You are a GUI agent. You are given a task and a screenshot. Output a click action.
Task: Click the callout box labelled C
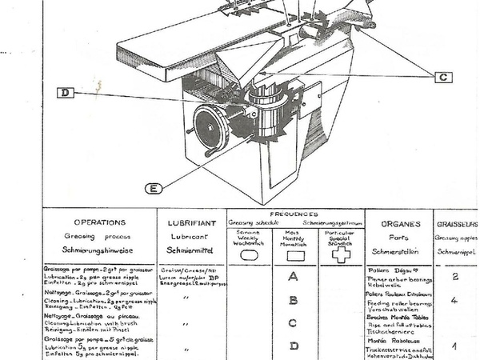click(x=443, y=77)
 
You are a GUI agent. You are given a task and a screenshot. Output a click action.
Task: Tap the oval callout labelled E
click(x=154, y=188)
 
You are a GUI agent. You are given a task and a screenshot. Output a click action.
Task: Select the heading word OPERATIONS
click(x=98, y=223)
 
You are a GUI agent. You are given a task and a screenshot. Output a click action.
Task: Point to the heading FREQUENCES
click(x=295, y=214)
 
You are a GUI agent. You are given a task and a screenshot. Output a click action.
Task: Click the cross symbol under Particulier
click(x=342, y=254)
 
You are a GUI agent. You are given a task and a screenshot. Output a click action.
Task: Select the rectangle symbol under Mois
click(x=295, y=254)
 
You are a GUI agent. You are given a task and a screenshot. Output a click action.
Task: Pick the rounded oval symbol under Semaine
click(x=249, y=254)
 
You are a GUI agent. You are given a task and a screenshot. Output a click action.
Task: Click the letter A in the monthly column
click(x=294, y=278)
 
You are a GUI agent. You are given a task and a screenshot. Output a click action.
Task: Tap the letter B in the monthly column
click(x=294, y=301)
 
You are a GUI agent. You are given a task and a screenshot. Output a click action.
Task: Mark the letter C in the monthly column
click(x=294, y=323)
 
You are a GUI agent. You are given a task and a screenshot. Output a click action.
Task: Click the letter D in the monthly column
click(x=294, y=346)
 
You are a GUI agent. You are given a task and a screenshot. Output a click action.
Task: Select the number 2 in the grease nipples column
click(x=454, y=277)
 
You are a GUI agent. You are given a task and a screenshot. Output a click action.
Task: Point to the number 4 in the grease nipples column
click(x=454, y=301)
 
